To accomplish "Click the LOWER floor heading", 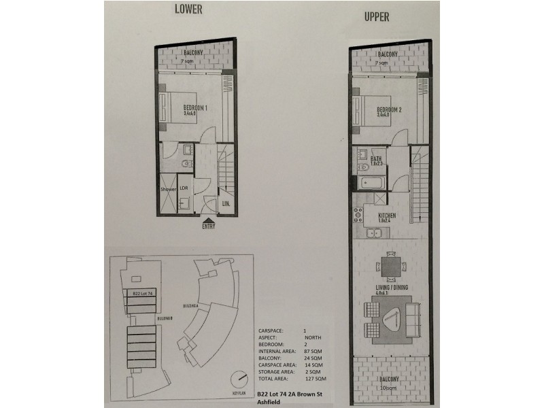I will click(x=190, y=9).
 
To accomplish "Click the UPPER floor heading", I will click(x=377, y=18).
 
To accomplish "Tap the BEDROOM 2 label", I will click(x=390, y=110).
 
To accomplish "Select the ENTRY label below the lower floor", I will click(x=209, y=226).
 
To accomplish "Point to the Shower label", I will click(x=168, y=190).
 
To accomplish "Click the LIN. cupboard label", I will click(x=225, y=203).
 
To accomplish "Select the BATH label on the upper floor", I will click(x=377, y=159).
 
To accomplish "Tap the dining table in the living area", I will click(x=390, y=265).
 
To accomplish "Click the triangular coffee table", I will click(x=390, y=317).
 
